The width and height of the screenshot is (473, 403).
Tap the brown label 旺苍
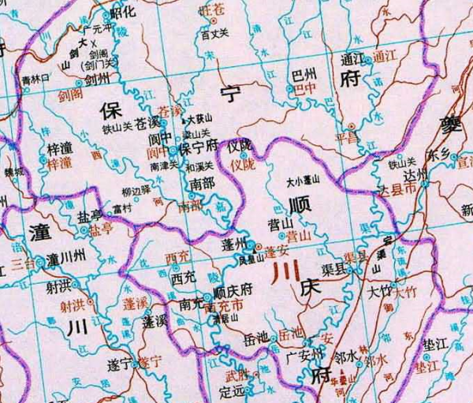coord(210,11)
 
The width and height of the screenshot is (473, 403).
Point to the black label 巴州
coord(303,73)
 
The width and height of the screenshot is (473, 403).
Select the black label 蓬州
coord(237,242)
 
